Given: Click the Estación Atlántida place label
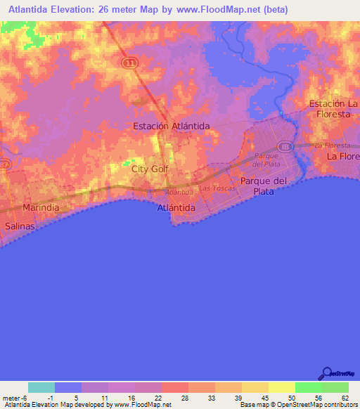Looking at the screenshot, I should click(x=172, y=126).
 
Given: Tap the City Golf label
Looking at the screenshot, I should click(x=150, y=169).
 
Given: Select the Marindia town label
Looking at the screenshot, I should click(x=41, y=209).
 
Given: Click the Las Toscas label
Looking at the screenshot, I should click(x=214, y=188).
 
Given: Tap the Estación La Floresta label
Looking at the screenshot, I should click(x=334, y=108).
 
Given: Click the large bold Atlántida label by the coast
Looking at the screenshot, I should click(x=176, y=209).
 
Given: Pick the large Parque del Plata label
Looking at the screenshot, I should click(x=264, y=186).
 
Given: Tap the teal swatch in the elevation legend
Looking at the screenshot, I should click(x=41, y=387).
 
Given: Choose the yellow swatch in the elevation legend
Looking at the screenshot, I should click(x=281, y=387).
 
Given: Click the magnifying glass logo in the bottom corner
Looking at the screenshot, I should click(x=326, y=374).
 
